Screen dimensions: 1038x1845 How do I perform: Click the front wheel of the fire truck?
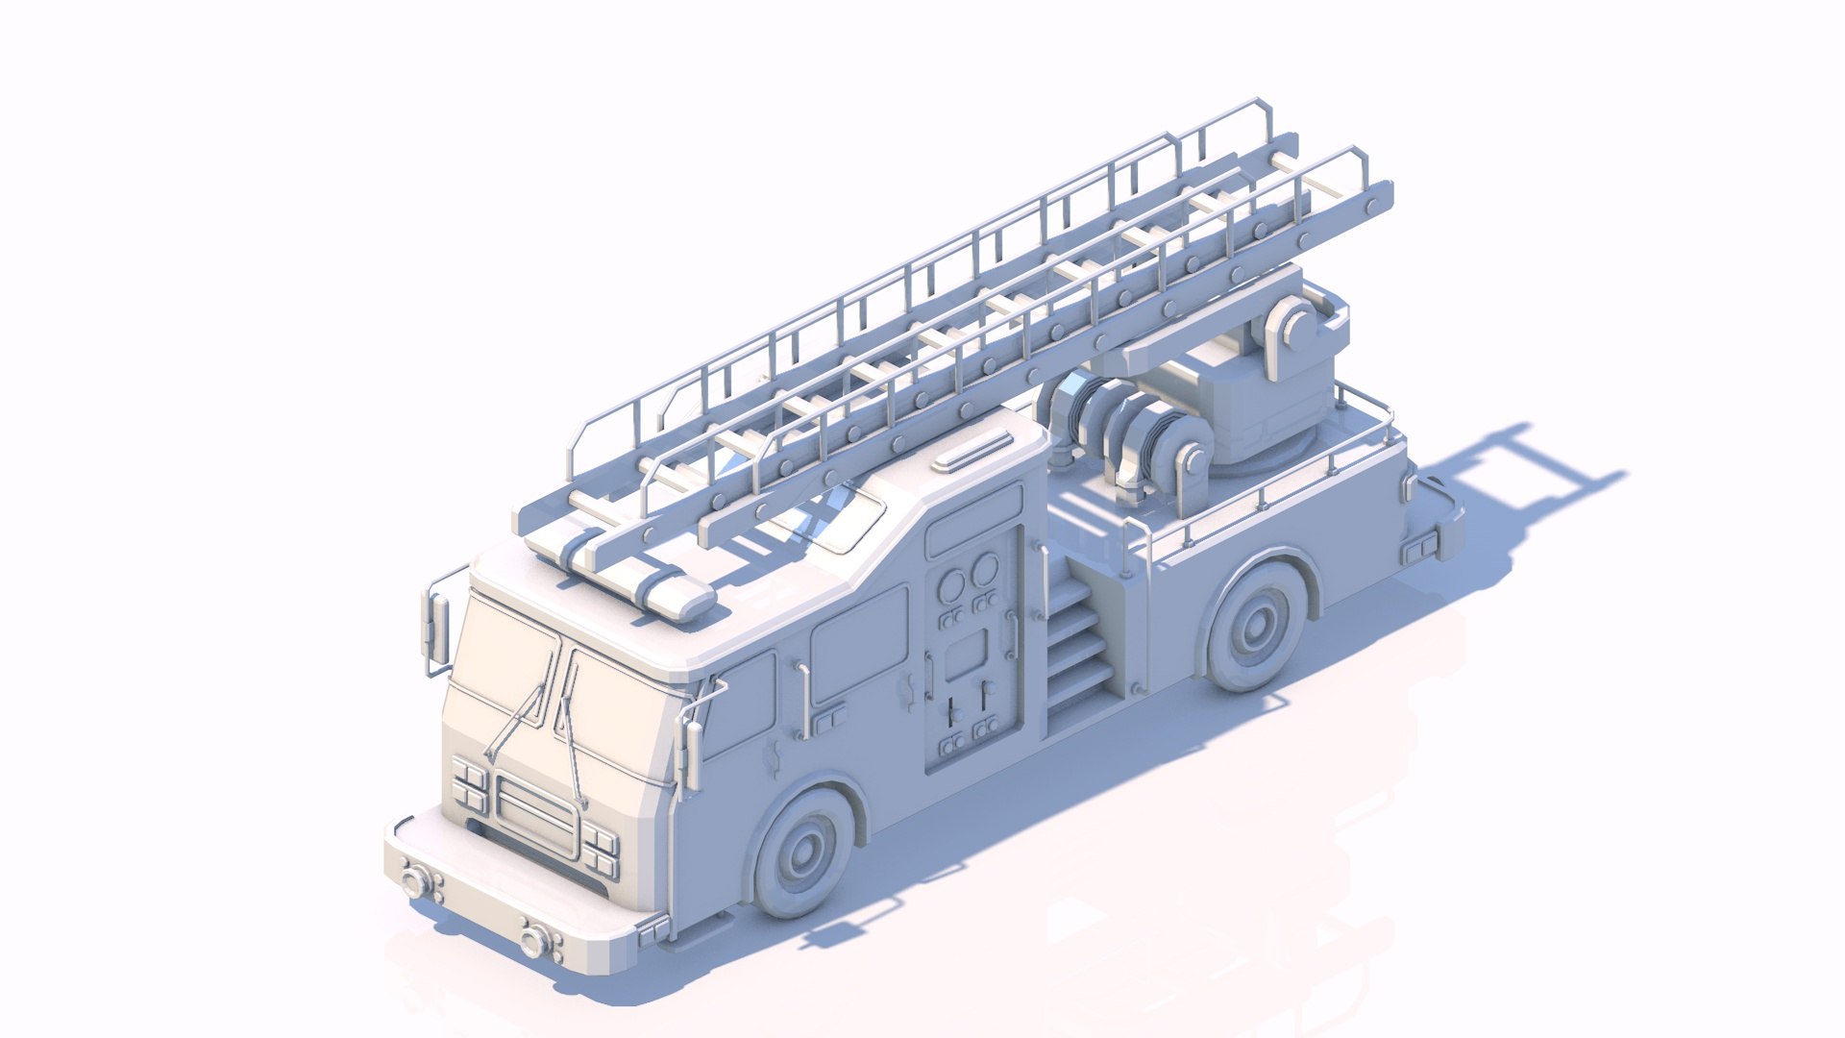tap(805, 851)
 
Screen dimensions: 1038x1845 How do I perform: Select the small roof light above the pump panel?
tap(975, 452)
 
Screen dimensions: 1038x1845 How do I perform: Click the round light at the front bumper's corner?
tap(416, 881)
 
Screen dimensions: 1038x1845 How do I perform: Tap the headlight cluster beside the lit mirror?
tap(469, 783)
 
